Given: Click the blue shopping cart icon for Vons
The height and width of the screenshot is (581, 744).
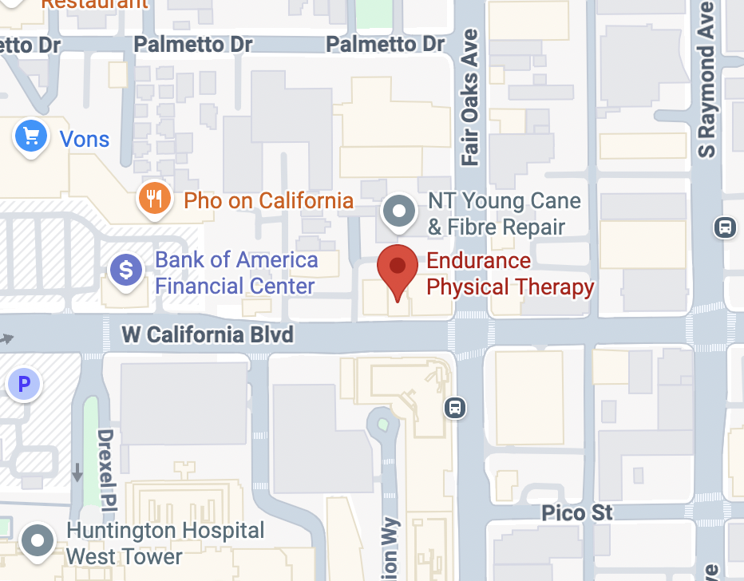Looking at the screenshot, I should click(x=31, y=138).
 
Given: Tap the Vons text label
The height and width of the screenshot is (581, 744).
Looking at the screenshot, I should click(x=85, y=140).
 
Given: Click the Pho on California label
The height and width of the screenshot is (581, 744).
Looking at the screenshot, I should click(x=268, y=200).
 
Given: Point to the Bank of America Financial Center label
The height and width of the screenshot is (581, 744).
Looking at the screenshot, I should click(x=236, y=273).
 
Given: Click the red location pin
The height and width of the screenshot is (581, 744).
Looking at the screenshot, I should click(x=397, y=270).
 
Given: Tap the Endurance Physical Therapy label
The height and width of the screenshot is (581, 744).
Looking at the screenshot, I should click(x=510, y=274).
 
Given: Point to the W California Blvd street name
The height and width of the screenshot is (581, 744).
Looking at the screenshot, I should click(x=208, y=334).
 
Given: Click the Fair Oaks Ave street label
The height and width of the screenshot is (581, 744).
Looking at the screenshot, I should click(x=470, y=97).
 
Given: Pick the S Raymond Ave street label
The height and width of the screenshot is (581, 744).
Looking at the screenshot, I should click(x=706, y=80).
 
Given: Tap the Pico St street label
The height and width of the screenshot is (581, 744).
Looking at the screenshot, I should click(x=577, y=512).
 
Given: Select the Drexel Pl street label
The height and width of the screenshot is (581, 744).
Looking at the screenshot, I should click(x=106, y=468).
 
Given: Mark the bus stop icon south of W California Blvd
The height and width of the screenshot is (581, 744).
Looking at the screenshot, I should click(x=455, y=408).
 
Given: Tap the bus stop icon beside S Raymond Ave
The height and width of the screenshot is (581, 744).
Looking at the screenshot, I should click(x=724, y=227).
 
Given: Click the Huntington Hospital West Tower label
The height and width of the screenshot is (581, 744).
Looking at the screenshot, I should click(x=165, y=543).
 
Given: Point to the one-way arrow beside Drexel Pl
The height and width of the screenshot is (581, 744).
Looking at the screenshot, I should click(x=77, y=472).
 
